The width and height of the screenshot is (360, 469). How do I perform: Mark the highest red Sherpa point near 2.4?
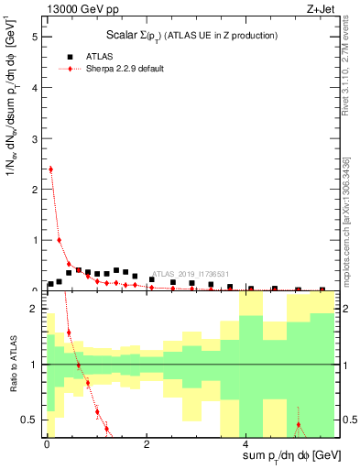coord(50,169)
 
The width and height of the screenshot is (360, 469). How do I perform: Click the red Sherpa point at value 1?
coord(60,240)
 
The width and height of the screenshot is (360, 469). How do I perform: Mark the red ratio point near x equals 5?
coord(298,425)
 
